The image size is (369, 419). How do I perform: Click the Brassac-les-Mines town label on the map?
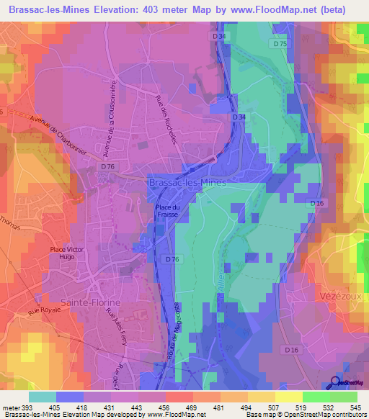[187, 183]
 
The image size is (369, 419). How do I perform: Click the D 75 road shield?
[280, 44]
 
